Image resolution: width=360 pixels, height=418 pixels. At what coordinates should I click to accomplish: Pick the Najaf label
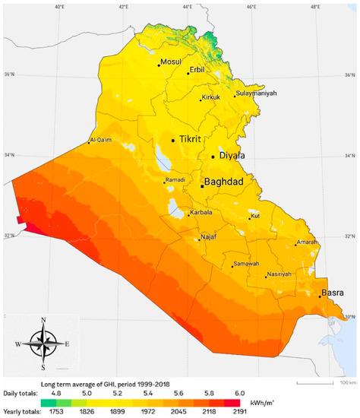coord(209,237)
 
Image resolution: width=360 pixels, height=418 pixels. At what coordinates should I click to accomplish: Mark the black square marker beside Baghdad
coord(201,185)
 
